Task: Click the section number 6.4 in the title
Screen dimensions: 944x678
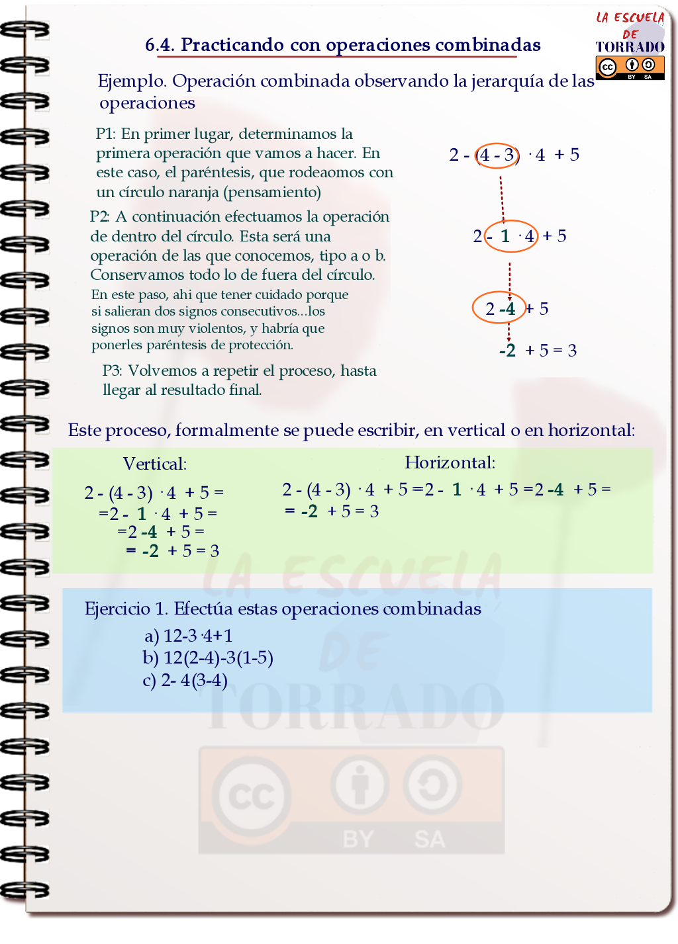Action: [x=159, y=45]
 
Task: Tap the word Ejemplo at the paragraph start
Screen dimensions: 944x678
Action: [x=131, y=81]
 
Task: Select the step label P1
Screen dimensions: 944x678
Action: [x=105, y=134]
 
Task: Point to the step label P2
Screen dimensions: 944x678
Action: [x=99, y=217]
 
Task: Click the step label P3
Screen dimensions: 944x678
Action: [x=112, y=371]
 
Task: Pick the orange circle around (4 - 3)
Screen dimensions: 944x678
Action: [x=497, y=155]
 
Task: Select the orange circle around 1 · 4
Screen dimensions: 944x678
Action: [x=511, y=236]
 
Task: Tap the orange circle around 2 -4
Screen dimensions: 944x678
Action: [x=499, y=308]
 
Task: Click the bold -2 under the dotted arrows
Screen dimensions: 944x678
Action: [x=507, y=351]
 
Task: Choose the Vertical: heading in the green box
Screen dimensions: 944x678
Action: [x=155, y=464]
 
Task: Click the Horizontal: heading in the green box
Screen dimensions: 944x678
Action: [x=450, y=462]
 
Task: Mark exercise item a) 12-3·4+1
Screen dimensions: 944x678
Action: [x=189, y=636]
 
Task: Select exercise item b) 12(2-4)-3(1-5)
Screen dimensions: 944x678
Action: [x=208, y=658]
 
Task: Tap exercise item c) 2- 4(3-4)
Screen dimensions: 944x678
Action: [x=185, y=680]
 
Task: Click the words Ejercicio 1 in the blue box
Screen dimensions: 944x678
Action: [x=126, y=609]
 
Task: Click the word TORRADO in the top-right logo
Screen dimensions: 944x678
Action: [x=630, y=47]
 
